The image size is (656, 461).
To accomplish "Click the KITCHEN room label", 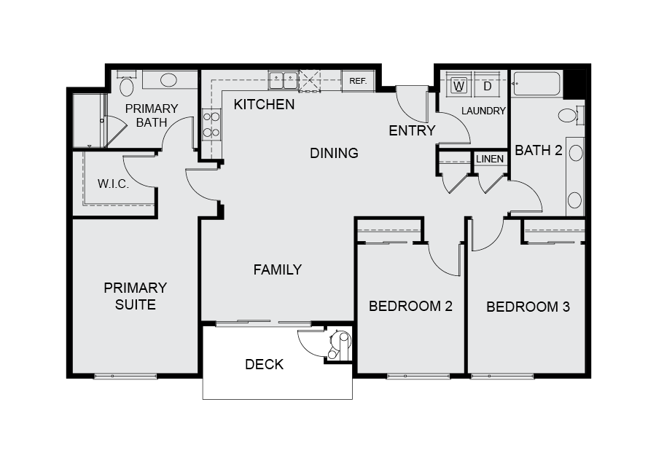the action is coord(264,104).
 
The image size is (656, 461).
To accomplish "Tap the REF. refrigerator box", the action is coord(358,81).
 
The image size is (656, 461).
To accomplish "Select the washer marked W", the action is coord(459,86).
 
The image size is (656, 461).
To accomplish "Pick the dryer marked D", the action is coord(487,86).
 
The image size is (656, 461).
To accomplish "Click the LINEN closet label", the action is coord(490,159).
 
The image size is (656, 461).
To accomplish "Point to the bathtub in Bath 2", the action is coord(536,84).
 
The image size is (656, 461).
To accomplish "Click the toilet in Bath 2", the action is coord(571,115).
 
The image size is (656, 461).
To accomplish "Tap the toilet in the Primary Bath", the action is coord(126,84).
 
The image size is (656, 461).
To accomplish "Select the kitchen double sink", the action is coord(284,80).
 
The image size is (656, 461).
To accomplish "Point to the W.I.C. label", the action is coord(113,184).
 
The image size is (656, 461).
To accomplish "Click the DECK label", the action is coord(264,364).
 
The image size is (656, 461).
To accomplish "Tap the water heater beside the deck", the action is coord(339,344).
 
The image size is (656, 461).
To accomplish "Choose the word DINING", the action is coord(334,154).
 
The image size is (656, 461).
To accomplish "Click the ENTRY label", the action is coord(412,131).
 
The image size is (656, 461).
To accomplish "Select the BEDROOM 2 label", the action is coord(410,307).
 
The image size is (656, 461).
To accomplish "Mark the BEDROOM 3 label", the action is coord(528,307).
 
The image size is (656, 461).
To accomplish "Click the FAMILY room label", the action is coord(278,269).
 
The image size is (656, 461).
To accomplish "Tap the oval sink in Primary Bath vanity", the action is coord(168,80).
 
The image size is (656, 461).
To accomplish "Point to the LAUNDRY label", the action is coord(483,111).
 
